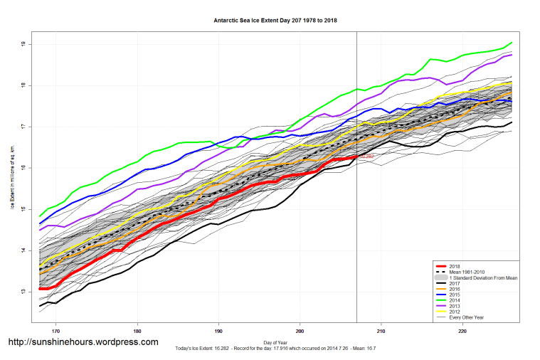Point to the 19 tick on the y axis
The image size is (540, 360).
coord(23,44)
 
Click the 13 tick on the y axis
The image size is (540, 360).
coord(23,291)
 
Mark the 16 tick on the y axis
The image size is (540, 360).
coord(23,168)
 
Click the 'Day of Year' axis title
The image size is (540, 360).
coord(275,343)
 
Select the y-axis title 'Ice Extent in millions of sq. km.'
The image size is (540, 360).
coord(12,168)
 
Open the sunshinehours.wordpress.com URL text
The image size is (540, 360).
coord(83,342)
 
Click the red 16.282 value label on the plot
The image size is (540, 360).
coord(367,156)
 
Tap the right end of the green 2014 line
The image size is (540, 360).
coord(512,43)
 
